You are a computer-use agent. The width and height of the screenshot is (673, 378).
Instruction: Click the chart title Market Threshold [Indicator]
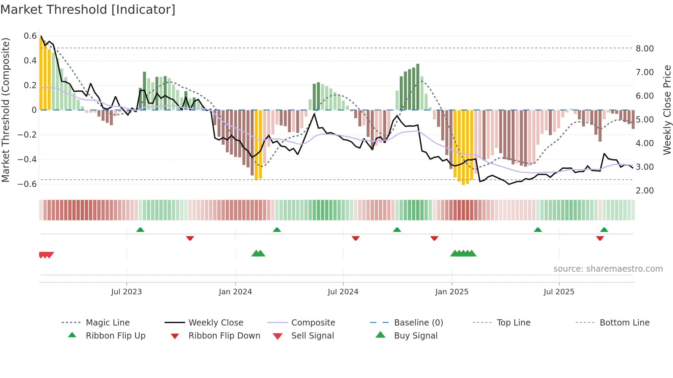88,10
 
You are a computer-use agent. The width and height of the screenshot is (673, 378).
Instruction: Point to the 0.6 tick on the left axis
30,36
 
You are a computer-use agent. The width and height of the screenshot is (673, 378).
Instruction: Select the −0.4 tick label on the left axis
27,159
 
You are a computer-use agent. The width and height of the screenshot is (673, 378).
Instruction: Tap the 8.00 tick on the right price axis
645,49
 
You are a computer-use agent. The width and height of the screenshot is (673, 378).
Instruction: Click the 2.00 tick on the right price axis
645,191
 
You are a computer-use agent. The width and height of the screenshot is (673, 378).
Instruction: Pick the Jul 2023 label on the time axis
126,292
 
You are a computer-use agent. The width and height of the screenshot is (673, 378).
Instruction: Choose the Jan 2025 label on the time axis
452,292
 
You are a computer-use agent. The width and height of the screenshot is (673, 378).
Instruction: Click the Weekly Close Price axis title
667,110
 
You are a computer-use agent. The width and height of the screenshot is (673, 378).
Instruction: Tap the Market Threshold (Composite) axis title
5,110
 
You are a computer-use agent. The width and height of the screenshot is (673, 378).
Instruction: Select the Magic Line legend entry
107,323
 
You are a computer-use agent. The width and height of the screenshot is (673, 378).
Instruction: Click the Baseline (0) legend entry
418,323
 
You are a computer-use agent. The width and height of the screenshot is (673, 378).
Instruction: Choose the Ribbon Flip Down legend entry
224,336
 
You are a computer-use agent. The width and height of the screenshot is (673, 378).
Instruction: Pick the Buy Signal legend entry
415,336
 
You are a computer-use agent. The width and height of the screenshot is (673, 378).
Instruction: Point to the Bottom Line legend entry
624,323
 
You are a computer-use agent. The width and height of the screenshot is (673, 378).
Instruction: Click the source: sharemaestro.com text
608,269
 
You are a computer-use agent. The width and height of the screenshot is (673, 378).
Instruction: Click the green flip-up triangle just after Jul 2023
140,230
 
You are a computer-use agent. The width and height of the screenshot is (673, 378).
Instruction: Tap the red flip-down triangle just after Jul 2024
356,238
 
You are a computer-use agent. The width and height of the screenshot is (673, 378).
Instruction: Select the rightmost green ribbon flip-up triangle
604,230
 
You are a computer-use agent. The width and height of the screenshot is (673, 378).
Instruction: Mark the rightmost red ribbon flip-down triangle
600,238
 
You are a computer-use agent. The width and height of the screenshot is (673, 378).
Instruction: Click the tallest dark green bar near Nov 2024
418,86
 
